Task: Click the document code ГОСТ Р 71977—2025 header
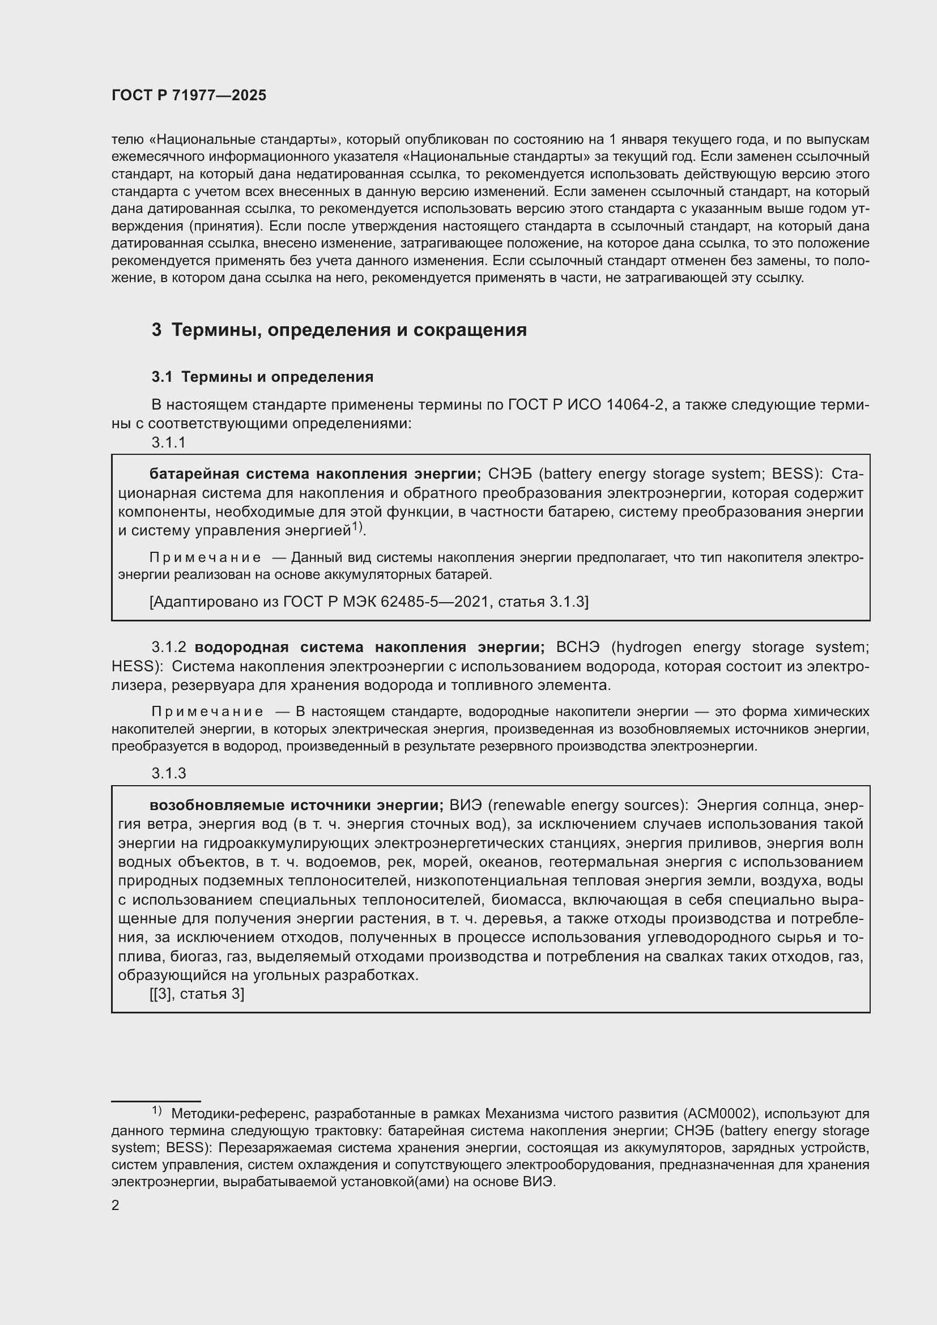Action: click(x=189, y=96)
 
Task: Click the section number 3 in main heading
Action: click(x=156, y=330)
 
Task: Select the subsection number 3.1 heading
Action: click(x=162, y=377)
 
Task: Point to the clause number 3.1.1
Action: click(x=168, y=442)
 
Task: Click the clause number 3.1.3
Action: click(x=168, y=773)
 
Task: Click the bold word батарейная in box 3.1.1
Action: click(x=194, y=474)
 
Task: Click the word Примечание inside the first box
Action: click(x=205, y=558)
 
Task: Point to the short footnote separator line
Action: click(x=156, y=1101)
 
